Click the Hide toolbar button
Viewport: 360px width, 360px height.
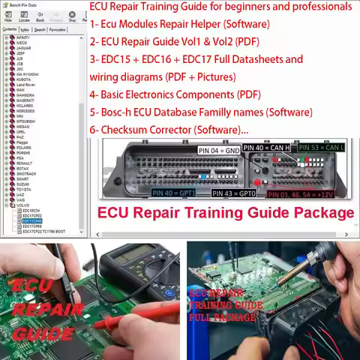pos(7,16)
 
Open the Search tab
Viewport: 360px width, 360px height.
pos(40,30)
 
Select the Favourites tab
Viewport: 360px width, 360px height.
pos(57,30)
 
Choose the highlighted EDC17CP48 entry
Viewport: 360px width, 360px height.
pos(32,221)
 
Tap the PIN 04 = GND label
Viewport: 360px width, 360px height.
pos(219,150)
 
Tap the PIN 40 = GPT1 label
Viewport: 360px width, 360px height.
pos(173,193)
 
